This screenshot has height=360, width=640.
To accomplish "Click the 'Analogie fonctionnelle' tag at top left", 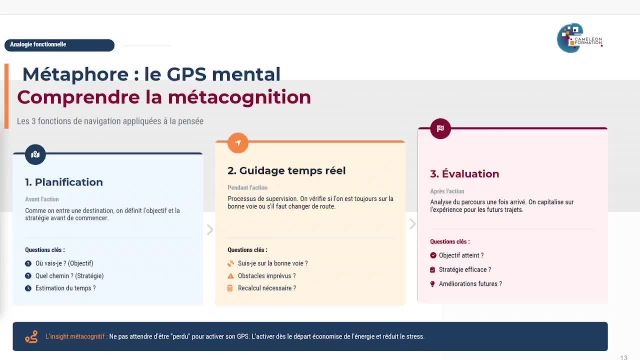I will click(x=40, y=44).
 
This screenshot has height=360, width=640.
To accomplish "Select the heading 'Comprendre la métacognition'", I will click(x=164, y=98).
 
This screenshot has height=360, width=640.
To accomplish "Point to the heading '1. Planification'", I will click(x=64, y=182).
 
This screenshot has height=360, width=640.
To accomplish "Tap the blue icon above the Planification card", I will click(x=36, y=154).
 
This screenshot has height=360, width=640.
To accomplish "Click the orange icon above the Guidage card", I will click(x=238, y=142).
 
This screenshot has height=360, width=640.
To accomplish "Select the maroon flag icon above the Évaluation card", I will click(x=440, y=128).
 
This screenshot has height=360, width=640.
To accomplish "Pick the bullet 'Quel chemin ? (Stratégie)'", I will click(x=69, y=275).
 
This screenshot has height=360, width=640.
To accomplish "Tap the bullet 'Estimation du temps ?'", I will click(x=65, y=288).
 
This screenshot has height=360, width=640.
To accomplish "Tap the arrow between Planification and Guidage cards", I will click(x=210, y=230).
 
